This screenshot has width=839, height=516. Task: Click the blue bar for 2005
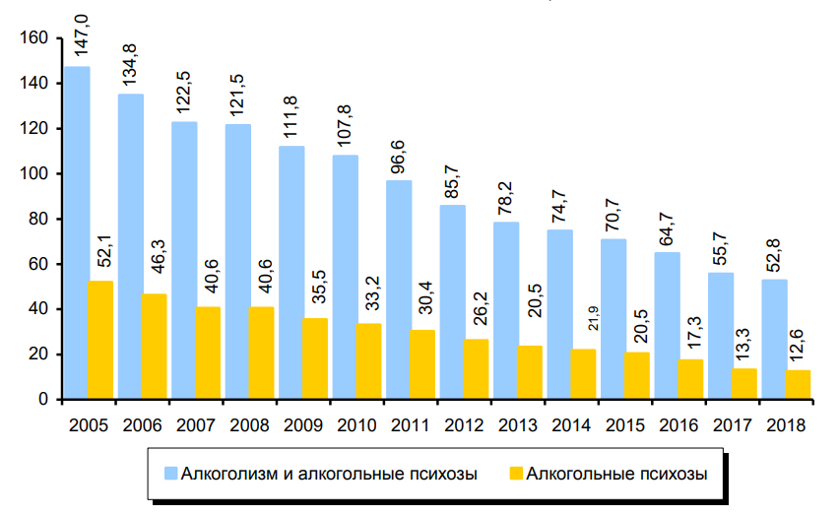tap(76, 232)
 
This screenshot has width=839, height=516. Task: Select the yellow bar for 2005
tap(101, 340)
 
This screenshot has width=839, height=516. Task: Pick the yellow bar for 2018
tap(798, 384)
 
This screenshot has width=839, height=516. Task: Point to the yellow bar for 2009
tap(315, 358)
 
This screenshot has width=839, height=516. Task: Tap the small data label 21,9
tap(583, 321)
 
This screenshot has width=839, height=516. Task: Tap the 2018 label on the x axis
tap(786, 424)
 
